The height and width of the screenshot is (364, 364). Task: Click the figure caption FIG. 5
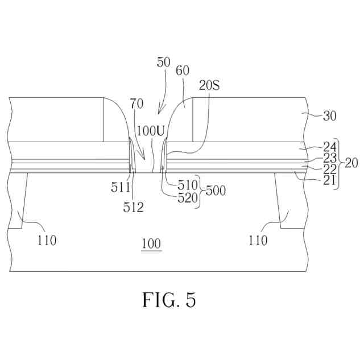tap(169, 300)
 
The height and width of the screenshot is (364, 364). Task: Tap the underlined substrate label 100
tap(151, 245)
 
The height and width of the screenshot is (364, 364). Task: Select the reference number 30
tap(330, 116)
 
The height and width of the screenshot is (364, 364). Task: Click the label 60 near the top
tap(183, 70)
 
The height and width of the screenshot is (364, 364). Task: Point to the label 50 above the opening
tap(163, 62)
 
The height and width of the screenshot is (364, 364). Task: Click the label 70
tap(136, 104)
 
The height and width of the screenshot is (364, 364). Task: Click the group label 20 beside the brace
tap(351, 163)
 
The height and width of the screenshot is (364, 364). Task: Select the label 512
tap(132, 207)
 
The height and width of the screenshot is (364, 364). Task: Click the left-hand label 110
tap(46, 241)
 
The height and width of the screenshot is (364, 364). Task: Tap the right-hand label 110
tap(257, 241)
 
